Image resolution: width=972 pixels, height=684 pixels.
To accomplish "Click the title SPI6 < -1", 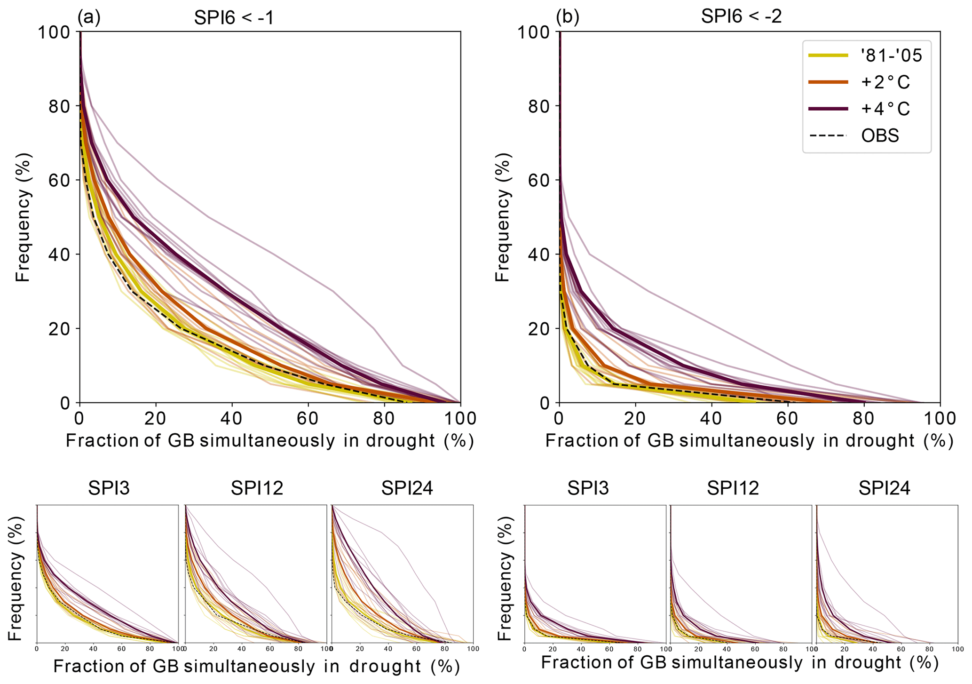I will tap(234, 17).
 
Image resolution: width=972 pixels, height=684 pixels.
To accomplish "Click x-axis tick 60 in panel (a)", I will tap(308, 418).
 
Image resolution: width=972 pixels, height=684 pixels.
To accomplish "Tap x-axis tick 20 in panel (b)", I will tap(635, 418).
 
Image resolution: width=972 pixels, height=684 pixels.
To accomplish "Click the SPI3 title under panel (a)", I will tap(109, 489).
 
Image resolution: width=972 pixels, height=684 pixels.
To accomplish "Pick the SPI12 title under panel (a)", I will tap(257, 489).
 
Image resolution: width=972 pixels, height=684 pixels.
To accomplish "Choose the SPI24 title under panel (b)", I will tap(884, 489).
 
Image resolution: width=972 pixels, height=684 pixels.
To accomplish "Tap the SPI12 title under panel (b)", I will tap(733, 489).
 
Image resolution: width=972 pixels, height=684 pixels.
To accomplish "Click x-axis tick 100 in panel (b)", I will tap(940, 418).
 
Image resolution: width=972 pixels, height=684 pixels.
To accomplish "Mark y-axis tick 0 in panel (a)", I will tap(66, 403).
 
